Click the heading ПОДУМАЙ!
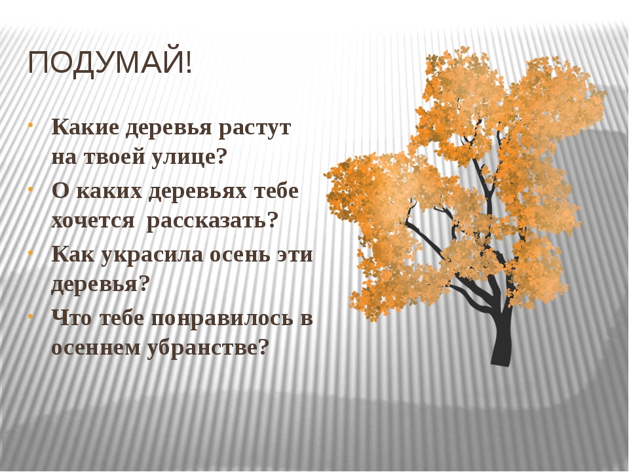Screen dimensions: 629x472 coord(110,64)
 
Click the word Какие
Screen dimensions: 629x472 coord(85,128)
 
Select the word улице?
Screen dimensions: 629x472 coord(189,157)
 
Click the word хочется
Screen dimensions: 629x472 coord(93,221)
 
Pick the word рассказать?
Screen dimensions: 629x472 coord(212,221)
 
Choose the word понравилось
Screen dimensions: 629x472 coord(222,319)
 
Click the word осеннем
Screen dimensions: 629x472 coord(96,348)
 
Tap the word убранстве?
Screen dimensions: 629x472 coord(207,347)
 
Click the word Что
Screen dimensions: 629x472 coord(72,318)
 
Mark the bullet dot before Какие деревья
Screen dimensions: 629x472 coord(31,125)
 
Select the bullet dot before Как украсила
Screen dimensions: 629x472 coord(31,252)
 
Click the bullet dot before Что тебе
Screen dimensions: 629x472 coord(31,316)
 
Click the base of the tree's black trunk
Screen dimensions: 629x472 coord(501,363)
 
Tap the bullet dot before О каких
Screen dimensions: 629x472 coord(31,189)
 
